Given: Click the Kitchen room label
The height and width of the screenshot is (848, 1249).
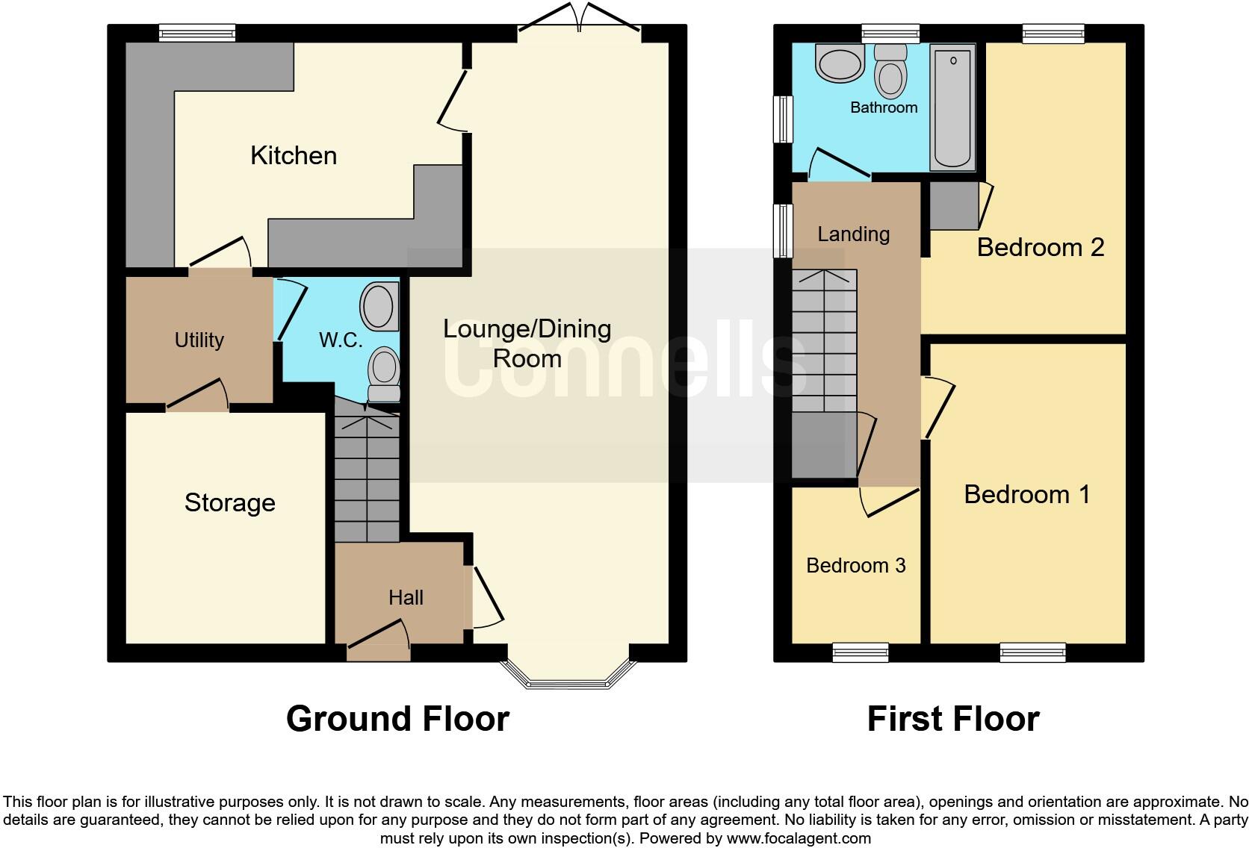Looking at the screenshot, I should [294, 155].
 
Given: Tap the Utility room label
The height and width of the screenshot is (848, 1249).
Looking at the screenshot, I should [199, 340].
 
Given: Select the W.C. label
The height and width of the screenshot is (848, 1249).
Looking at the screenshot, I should [341, 340].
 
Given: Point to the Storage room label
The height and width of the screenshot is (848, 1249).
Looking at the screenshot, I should [229, 502].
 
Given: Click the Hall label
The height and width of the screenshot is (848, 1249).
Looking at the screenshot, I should [406, 597].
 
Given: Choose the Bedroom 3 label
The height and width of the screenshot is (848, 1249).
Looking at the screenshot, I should [855, 565].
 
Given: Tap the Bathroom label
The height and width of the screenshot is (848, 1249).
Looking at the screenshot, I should [884, 107].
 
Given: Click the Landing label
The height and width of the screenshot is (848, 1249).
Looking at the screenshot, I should [853, 234].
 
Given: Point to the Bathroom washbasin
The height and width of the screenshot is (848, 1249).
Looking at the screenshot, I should [840, 63].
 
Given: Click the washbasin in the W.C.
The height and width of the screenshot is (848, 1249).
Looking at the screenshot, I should [379, 306].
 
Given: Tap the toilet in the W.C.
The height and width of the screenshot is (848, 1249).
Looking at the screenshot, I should [384, 373].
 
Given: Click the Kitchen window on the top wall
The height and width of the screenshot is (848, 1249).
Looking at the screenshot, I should [197, 32].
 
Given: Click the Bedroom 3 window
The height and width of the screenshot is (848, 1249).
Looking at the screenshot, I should [861, 653].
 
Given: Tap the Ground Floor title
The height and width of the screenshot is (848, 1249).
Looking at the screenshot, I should [397, 719].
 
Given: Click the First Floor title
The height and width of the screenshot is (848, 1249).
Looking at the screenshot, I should [952, 719].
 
